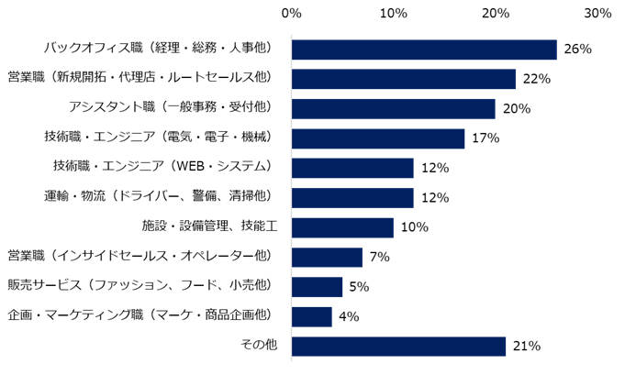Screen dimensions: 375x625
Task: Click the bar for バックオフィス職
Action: [x=424, y=50]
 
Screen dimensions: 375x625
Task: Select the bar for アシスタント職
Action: [x=393, y=109]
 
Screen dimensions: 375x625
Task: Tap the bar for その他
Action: [x=398, y=347]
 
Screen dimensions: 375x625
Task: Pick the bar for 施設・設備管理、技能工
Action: [x=342, y=227]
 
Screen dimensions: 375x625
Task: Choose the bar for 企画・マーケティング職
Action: [x=312, y=316]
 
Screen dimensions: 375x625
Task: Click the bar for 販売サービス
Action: [x=317, y=287]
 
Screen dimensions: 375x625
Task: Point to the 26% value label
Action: [x=577, y=50]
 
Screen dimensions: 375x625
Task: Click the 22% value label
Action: [x=536, y=80]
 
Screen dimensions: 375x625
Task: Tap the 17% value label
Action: [x=485, y=138]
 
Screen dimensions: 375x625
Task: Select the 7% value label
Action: [x=379, y=258]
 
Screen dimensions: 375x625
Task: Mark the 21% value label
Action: [x=526, y=347]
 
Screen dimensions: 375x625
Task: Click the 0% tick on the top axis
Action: [x=292, y=14]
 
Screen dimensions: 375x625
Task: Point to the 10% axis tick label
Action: [x=394, y=14]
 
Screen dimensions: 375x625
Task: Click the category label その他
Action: [x=262, y=347]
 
